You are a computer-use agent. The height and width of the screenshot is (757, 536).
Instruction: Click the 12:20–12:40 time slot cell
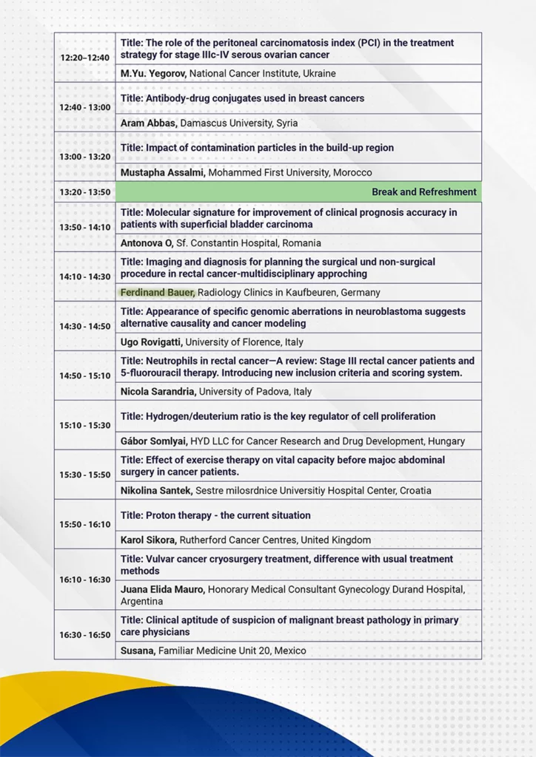pos(84,58)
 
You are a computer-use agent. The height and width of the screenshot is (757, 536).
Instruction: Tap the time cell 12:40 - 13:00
pos(84,107)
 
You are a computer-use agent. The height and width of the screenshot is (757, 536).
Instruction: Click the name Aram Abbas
pos(147,123)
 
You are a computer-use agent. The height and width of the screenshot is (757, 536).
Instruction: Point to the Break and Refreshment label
pos(423,192)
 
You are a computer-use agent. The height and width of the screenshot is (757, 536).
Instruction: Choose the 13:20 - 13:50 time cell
pos(84,192)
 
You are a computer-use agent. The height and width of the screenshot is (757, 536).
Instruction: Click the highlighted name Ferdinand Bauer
pos(157,293)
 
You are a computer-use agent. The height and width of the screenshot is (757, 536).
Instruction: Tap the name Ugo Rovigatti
pos(151,342)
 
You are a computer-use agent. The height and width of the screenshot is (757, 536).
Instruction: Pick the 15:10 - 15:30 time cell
pos(84,426)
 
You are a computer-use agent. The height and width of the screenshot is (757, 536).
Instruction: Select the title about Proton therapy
pos(215,515)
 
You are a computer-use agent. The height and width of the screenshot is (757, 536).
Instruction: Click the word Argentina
pos(142,602)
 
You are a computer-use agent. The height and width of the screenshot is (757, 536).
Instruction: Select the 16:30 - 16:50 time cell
pos(84,635)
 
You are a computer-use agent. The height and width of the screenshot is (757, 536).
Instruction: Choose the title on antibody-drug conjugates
pos(242,98)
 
